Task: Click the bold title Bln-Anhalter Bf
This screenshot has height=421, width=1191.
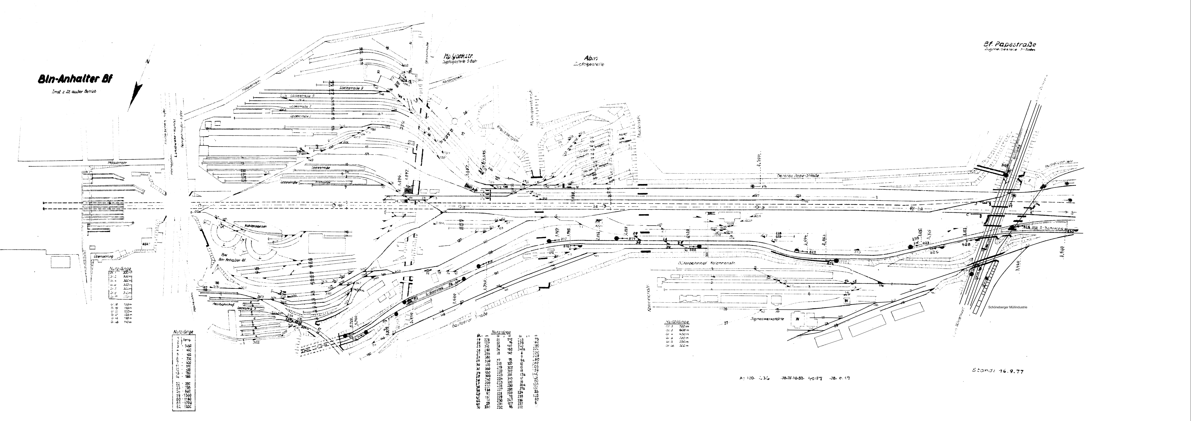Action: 75,79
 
